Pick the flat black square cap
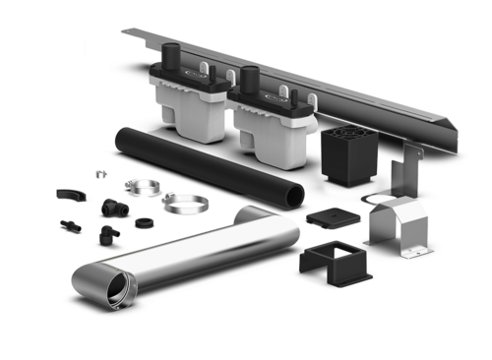tap(330, 214)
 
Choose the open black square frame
tap(331, 260)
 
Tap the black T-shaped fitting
tap(111, 208)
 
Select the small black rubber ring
tap(144, 222)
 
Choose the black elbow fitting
tap(106, 235)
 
